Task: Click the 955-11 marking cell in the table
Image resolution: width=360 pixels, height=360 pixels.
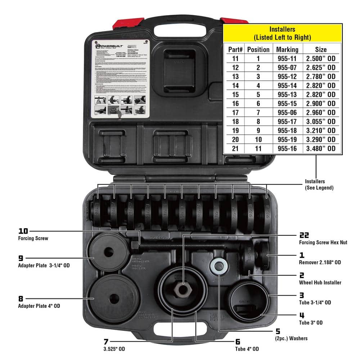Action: point(287,58)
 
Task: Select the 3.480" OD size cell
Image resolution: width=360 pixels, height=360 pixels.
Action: point(321,148)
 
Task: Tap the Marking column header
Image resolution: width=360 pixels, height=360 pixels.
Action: point(287,49)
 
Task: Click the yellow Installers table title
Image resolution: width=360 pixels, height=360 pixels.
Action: point(282,33)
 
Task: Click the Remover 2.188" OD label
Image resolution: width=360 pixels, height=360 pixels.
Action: point(320,262)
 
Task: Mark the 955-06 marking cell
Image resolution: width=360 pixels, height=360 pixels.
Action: point(287,112)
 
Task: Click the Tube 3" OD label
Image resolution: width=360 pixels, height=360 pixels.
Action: point(311,323)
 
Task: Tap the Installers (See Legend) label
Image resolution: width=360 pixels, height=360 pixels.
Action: point(319,185)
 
